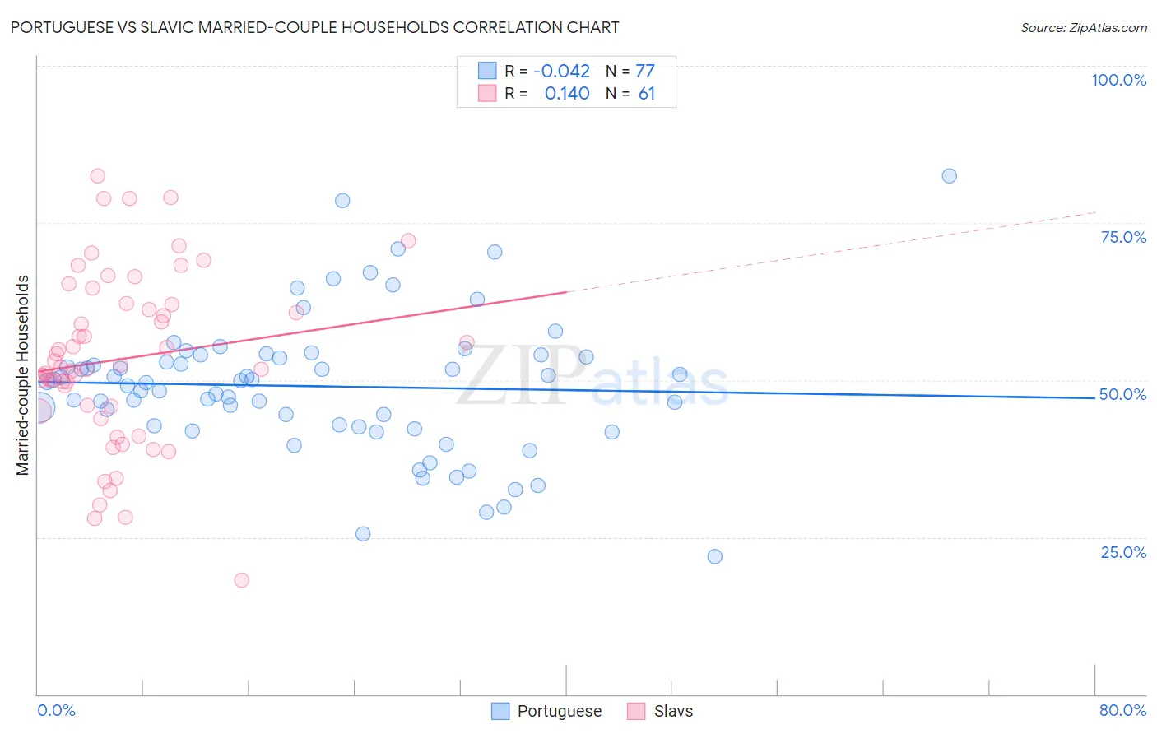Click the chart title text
(314, 27)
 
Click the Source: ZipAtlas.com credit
(1083, 27)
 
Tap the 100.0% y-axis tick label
(1118, 80)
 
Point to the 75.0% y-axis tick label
(1123, 237)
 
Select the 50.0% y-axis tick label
(1122, 394)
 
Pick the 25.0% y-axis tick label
(1123, 551)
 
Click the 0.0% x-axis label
(56, 710)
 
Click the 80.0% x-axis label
(1122, 710)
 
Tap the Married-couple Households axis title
(23, 375)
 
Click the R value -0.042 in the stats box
(561, 71)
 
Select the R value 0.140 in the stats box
(567, 93)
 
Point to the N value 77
(645, 71)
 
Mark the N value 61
(647, 93)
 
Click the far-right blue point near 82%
(949, 175)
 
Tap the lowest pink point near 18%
(241, 580)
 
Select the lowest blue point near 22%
(714, 556)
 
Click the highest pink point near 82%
(97, 175)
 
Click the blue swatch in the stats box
(487, 71)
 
